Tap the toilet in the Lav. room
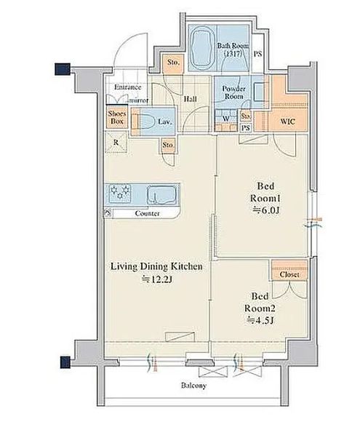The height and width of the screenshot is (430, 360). [145, 121]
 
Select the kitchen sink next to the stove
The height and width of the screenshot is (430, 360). [161, 195]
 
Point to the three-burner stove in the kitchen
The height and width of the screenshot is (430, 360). [120, 191]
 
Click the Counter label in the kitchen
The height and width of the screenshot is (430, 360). [147, 213]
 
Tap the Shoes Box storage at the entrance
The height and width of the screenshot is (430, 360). [117, 117]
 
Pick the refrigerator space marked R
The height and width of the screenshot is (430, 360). [116, 142]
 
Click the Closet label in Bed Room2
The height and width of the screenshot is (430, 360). [289, 274]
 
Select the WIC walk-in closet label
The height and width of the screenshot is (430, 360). [287, 121]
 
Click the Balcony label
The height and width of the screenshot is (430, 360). [193, 386]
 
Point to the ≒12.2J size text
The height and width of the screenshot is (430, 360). [156, 279]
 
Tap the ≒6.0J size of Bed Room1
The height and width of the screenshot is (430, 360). [266, 210]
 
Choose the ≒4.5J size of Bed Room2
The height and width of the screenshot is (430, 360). [260, 320]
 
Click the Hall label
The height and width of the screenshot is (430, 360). [190, 99]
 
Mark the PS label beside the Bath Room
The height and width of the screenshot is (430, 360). [257, 54]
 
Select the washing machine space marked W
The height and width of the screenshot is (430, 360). [226, 119]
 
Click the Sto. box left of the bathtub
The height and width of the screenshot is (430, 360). [173, 63]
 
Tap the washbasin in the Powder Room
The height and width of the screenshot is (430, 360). [260, 92]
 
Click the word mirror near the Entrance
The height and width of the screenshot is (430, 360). [139, 100]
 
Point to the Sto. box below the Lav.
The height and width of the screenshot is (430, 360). [168, 145]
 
